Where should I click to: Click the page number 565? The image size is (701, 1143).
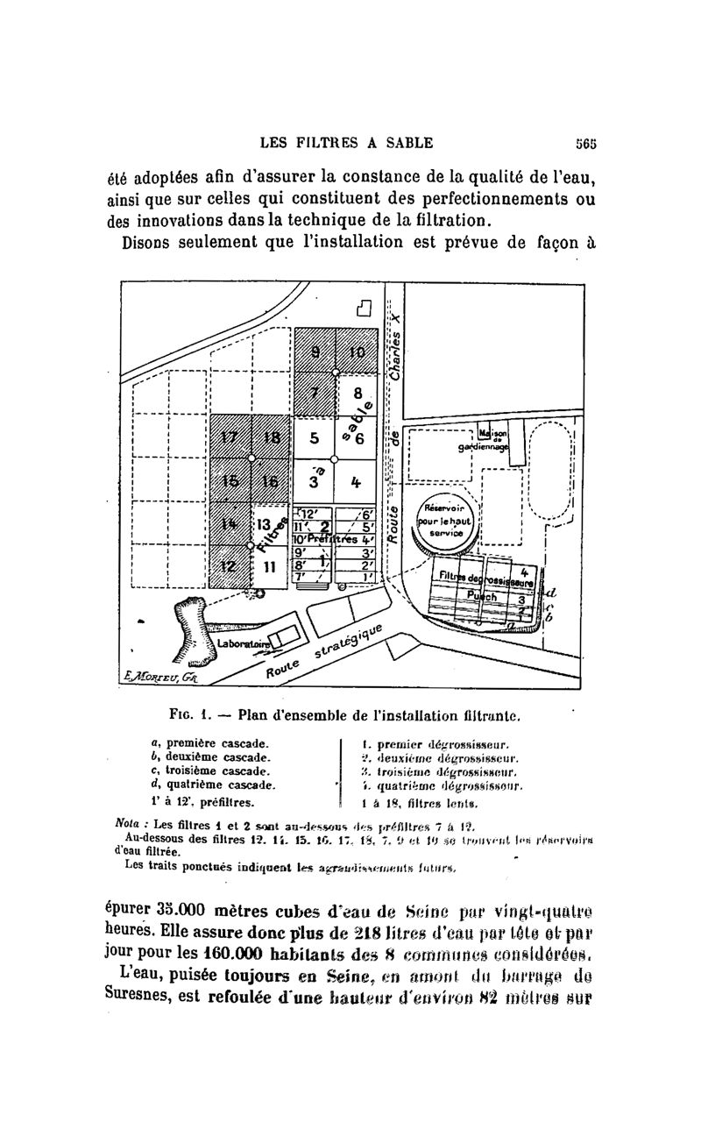[586, 143]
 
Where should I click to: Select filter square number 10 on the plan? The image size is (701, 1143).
[357, 351]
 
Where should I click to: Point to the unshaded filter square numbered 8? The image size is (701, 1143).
[357, 394]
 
